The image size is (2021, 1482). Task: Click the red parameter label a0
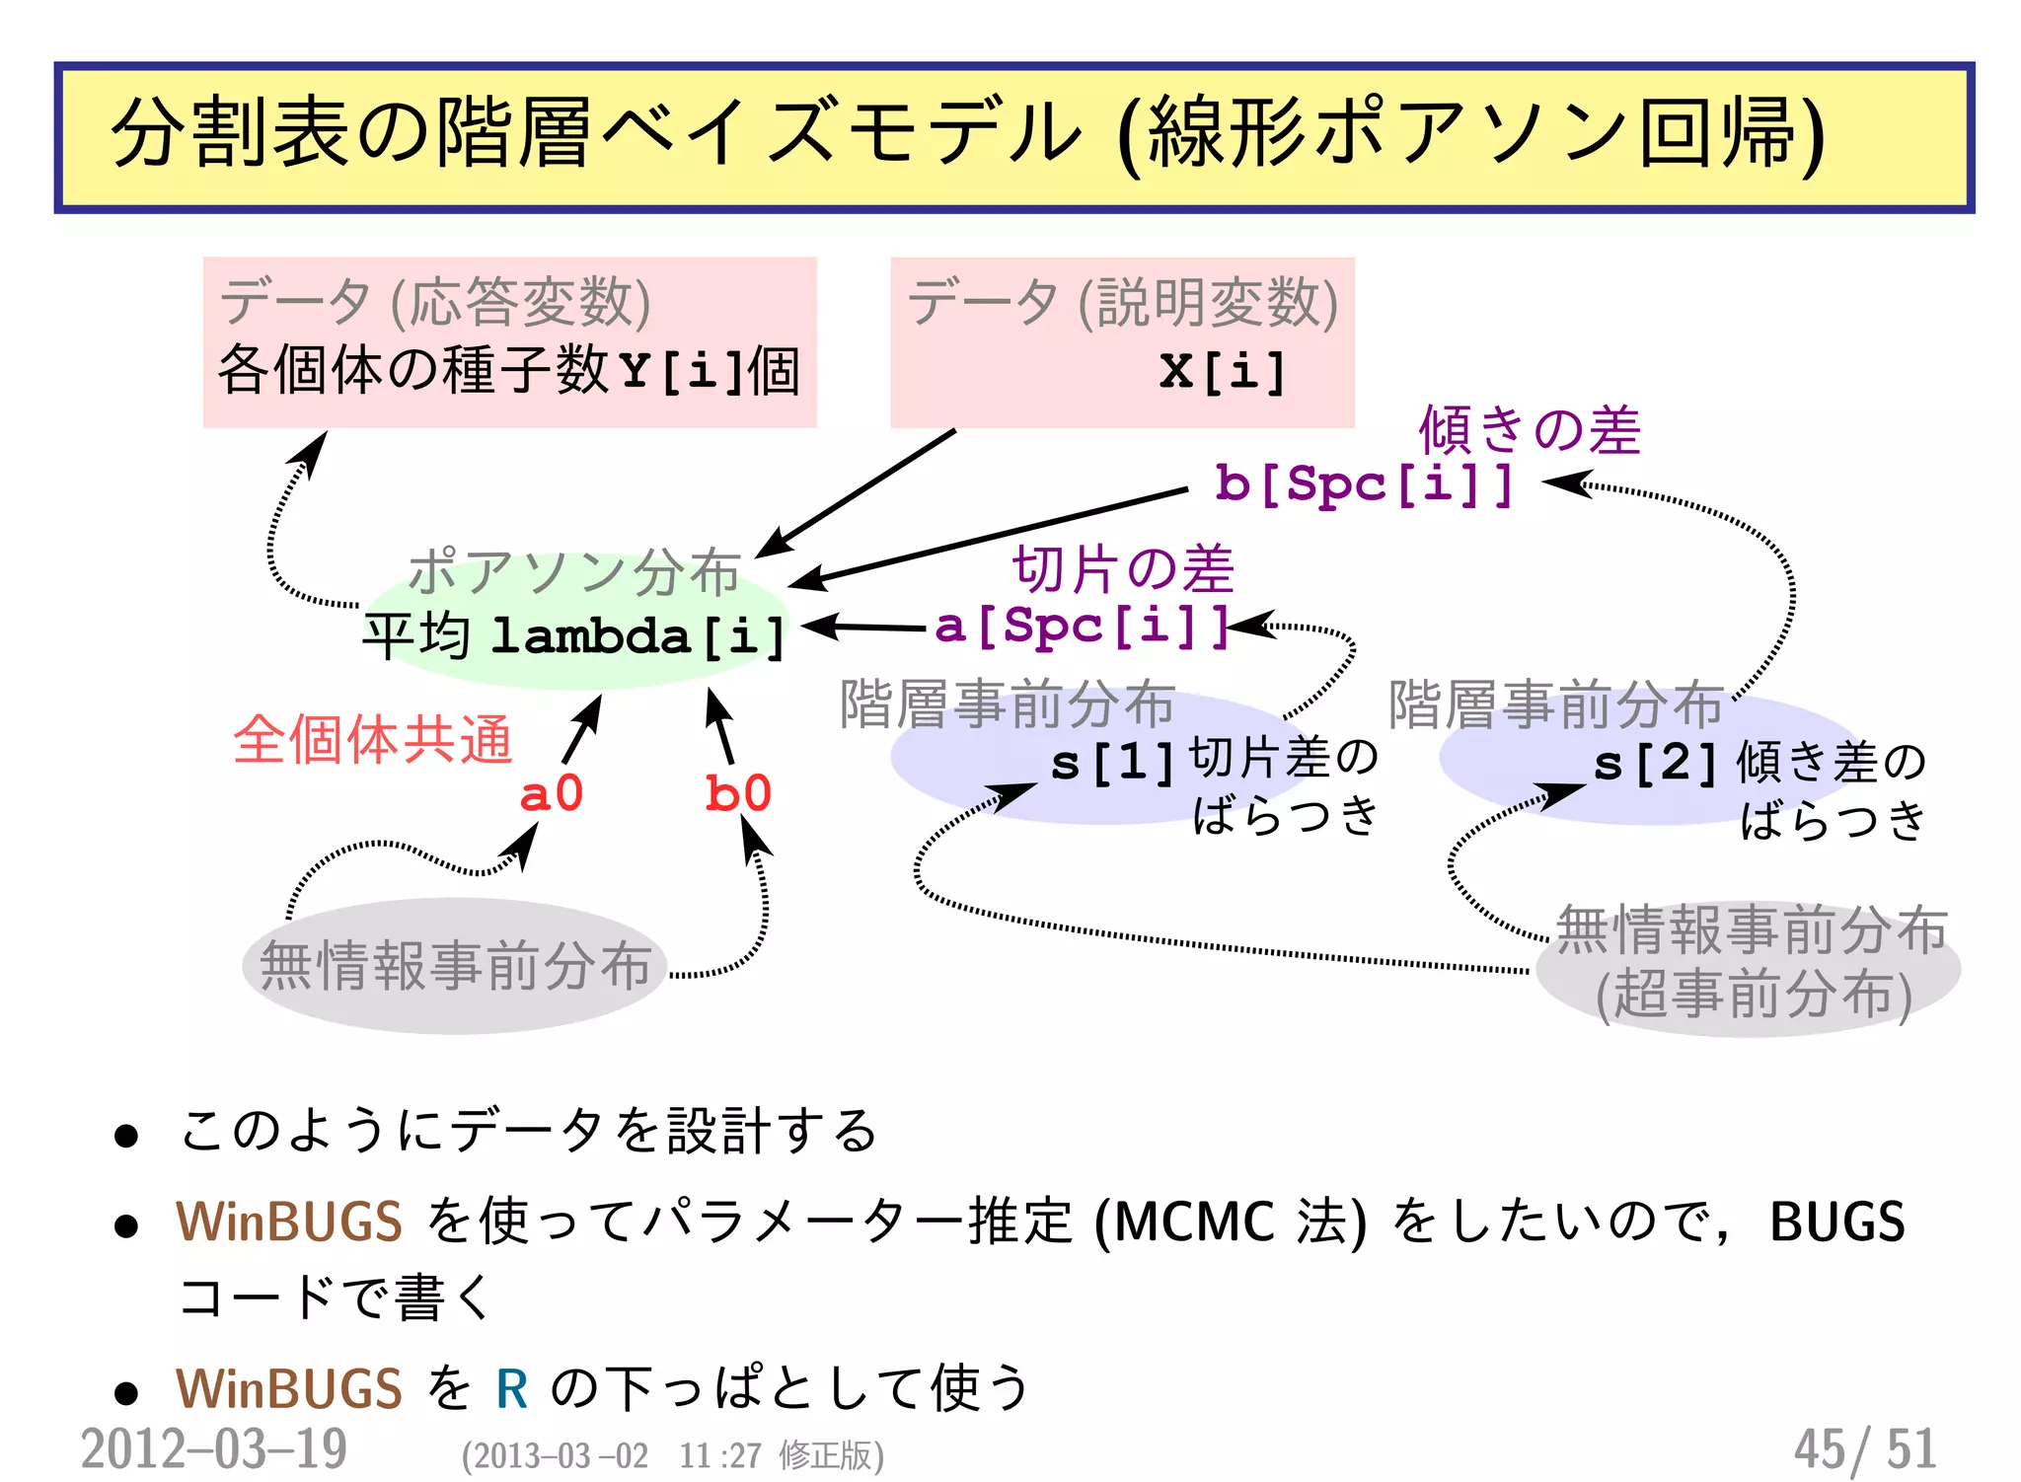click(551, 793)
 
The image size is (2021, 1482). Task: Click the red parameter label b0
click(737, 793)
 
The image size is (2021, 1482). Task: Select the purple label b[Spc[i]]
click(1364, 483)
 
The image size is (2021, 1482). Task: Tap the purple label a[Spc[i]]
click(1082, 626)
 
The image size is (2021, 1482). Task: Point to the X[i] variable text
click(1223, 372)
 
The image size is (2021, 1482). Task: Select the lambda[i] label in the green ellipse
click(637, 635)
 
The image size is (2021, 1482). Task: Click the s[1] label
click(1112, 763)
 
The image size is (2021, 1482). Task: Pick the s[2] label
click(1655, 763)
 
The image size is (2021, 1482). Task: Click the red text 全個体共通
click(373, 739)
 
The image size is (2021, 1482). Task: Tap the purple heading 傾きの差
click(1530, 430)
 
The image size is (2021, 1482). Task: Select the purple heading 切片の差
click(1123, 569)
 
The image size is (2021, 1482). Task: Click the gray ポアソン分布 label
click(573, 572)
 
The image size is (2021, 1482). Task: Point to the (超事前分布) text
click(1754, 995)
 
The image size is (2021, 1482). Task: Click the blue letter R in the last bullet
click(511, 1389)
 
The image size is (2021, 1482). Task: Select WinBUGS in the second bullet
click(289, 1222)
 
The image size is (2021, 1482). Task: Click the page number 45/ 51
click(1864, 1448)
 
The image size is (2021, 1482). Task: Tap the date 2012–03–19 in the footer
click(214, 1448)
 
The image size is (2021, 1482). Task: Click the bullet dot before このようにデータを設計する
click(125, 1136)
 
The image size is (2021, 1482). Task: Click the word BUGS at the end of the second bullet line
click(1836, 1222)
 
